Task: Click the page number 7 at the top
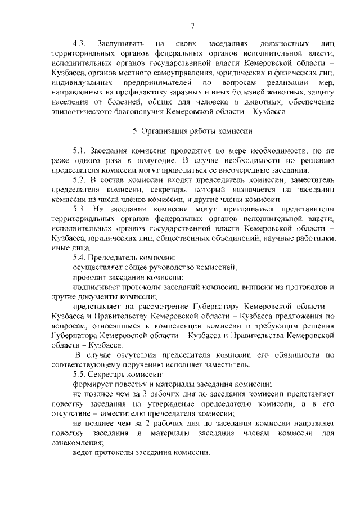coord(192,25)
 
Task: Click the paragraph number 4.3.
coord(79,43)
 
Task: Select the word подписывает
coord(97,287)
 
